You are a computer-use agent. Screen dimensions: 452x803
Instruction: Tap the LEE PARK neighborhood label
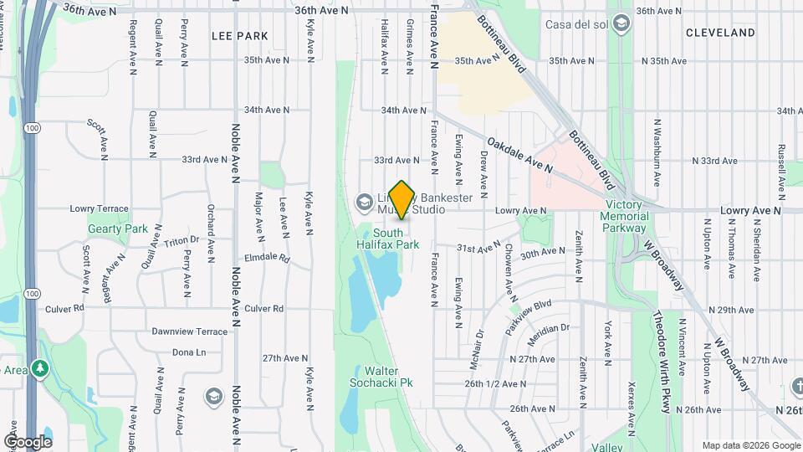[240, 36]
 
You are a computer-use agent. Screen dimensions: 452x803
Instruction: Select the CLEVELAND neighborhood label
[720, 33]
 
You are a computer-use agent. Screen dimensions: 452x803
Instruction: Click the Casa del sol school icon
[621, 24]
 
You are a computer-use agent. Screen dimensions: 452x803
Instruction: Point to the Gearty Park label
[118, 229]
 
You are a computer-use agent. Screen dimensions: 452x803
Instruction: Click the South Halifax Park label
[396, 239]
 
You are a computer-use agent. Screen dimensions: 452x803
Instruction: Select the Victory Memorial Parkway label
[626, 216]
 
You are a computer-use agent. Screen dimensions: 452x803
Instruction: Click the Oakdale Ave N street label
[520, 155]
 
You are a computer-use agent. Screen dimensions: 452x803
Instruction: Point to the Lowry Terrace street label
[99, 208]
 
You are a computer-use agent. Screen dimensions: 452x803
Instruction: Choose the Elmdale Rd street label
[266, 259]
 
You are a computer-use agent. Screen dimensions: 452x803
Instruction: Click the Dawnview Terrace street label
[189, 331]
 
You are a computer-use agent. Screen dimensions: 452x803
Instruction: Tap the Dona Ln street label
[189, 352]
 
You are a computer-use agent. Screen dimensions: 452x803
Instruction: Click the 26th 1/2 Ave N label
[497, 383]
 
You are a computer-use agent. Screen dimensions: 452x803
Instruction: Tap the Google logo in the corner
[28, 441]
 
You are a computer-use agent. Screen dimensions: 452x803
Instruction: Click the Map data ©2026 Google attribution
[750, 445]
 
